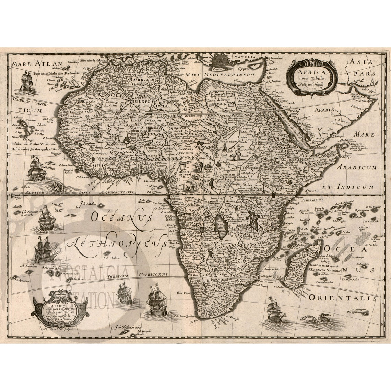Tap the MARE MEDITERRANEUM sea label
220,74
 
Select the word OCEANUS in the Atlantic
122,217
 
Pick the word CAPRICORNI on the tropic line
153,274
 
